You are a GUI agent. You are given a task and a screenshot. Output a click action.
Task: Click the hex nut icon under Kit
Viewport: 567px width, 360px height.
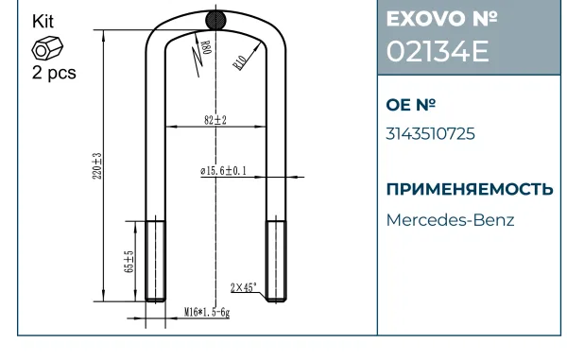click(47, 48)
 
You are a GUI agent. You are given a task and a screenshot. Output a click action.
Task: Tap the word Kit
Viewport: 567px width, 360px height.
click(43, 22)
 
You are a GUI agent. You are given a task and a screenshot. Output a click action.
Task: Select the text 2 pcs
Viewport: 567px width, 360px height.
click(54, 73)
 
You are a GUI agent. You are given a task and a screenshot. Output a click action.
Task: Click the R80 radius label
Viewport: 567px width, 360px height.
click(205, 47)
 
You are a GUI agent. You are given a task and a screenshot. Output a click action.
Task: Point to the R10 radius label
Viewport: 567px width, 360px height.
click(240, 63)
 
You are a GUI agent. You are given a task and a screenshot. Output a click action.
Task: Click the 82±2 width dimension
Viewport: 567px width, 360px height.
click(215, 120)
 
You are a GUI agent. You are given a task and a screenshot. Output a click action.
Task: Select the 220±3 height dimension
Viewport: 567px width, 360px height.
click(97, 166)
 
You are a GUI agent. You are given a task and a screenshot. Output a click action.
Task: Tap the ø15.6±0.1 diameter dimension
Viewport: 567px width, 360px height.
click(223, 171)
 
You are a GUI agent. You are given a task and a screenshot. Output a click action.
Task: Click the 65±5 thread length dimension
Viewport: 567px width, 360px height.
click(129, 262)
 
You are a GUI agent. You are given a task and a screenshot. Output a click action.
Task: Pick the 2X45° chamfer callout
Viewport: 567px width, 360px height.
click(244, 287)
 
